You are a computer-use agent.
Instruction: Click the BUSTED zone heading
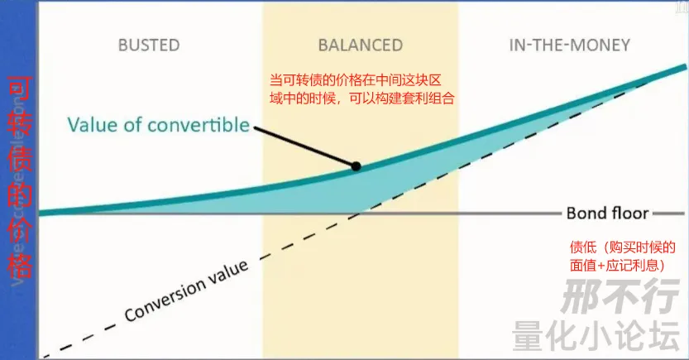[x=149, y=45]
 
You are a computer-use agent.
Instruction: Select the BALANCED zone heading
[x=360, y=45]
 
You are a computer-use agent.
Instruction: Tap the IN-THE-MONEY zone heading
[x=570, y=45]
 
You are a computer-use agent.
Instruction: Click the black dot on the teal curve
[x=356, y=166]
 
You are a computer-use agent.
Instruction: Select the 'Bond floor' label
[x=607, y=213]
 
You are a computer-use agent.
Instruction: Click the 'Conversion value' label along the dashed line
[x=186, y=292]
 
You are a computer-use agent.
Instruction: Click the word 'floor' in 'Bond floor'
[x=629, y=213]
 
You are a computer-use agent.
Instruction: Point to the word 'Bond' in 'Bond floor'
[x=586, y=213]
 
